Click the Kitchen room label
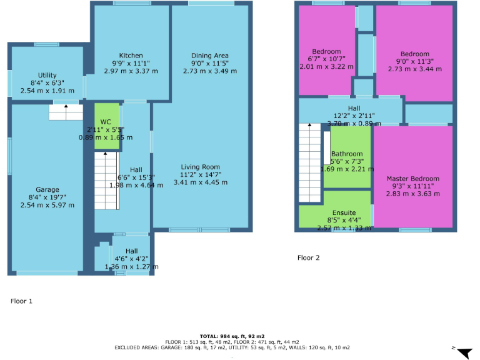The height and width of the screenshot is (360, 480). tap(131, 56)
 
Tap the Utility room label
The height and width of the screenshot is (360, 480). tap(47, 75)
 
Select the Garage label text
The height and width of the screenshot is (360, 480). tap(47, 189)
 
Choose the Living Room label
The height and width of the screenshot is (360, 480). tap(201, 167)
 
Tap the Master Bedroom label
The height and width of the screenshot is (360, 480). tap(412, 178)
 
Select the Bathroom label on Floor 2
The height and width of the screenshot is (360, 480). tap(347, 154)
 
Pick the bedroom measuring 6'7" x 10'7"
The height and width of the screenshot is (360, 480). tap(326, 51)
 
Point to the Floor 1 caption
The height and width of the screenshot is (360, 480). tap(21, 301)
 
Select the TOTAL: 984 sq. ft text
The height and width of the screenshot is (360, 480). tap(232, 336)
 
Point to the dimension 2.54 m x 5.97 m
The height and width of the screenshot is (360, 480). tap(47, 205)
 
